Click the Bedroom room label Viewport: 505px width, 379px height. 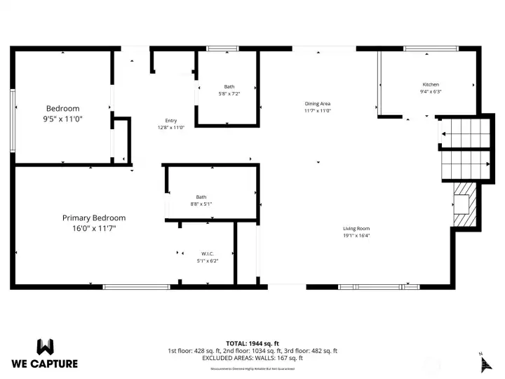(63, 108)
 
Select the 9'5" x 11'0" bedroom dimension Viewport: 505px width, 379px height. (63, 119)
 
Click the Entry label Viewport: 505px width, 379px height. (171, 120)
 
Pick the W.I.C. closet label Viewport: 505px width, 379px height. (207, 253)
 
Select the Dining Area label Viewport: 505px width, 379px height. (317, 103)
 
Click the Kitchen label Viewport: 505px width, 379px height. (430, 84)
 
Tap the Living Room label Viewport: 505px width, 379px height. (356, 228)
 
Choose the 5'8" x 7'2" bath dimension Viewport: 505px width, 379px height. (229, 93)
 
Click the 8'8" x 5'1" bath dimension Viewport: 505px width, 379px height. (201, 204)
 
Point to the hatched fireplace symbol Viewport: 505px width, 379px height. (464, 204)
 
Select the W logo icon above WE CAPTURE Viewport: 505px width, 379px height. (45, 347)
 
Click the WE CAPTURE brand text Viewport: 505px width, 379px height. (45, 364)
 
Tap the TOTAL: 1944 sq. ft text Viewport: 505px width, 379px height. (252, 343)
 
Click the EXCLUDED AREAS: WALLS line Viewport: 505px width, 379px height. (252, 357)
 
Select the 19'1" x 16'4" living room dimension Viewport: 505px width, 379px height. (356, 235)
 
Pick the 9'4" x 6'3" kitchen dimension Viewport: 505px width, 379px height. (430, 91)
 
